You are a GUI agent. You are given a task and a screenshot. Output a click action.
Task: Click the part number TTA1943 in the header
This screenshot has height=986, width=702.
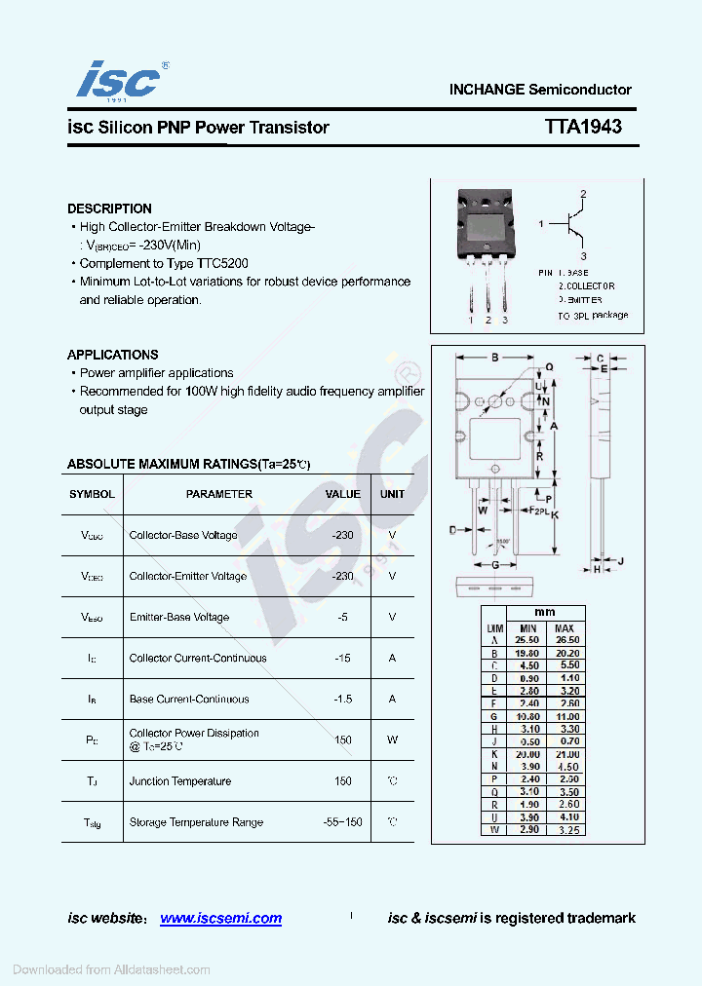click(x=583, y=127)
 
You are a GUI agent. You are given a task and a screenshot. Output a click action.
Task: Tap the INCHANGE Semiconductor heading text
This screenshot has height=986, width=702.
click(x=540, y=90)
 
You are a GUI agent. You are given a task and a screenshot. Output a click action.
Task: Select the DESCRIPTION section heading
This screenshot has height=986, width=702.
click(x=109, y=209)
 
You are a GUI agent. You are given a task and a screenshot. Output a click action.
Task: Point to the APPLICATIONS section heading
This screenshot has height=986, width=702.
click(x=112, y=355)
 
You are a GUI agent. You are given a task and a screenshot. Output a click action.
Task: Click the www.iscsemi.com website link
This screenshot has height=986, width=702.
click(x=220, y=918)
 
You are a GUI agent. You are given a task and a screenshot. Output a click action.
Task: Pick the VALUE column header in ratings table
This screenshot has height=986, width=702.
click(x=342, y=494)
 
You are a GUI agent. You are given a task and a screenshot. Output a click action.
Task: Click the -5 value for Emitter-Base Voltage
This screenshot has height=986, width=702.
click(x=342, y=617)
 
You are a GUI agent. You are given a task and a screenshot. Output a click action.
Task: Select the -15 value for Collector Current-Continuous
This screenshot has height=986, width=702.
click(x=342, y=658)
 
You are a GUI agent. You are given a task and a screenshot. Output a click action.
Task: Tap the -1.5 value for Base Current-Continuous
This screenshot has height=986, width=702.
click(x=342, y=699)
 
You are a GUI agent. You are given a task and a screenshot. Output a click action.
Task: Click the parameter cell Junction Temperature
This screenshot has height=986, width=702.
click(x=180, y=780)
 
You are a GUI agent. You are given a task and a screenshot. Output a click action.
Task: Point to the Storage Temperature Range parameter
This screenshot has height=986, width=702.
click(x=196, y=822)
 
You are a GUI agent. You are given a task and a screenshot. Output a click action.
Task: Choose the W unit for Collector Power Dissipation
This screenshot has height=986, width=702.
click(x=392, y=739)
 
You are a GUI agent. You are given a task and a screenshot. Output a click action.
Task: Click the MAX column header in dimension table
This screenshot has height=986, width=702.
click(x=564, y=628)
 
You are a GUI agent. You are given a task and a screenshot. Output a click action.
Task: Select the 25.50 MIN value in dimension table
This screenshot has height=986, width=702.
click(x=527, y=640)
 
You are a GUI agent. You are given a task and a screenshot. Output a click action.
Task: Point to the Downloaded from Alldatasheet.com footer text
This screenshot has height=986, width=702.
click(x=111, y=969)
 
